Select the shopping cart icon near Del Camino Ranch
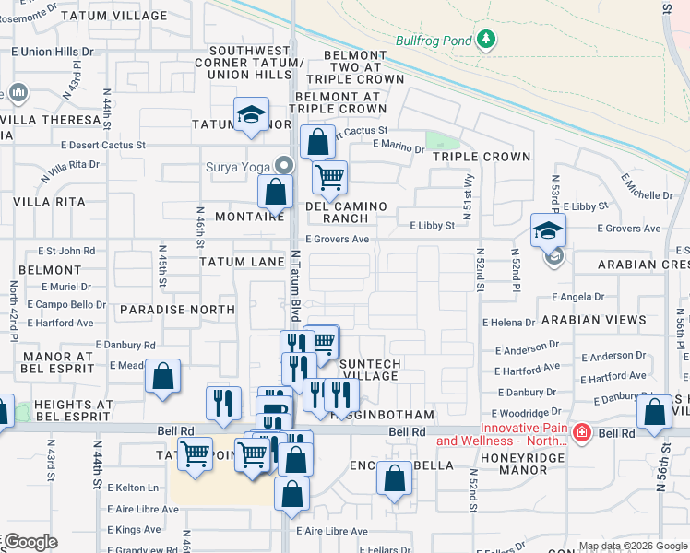(329, 175)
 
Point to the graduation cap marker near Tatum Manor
(250, 114)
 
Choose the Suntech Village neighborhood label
(369, 370)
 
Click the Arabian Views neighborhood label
(594, 320)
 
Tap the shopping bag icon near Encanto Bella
(394, 478)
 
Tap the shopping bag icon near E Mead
(162, 377)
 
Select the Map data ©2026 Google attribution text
(632, 546)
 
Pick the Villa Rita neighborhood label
(42, 201)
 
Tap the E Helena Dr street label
(508, 323)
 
